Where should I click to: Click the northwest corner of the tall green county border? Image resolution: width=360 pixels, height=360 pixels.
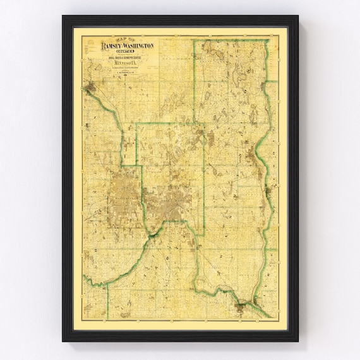(195, 41)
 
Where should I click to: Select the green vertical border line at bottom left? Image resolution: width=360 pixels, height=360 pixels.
(107, 300)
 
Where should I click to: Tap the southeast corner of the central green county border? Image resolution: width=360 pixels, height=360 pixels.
(203, 235)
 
